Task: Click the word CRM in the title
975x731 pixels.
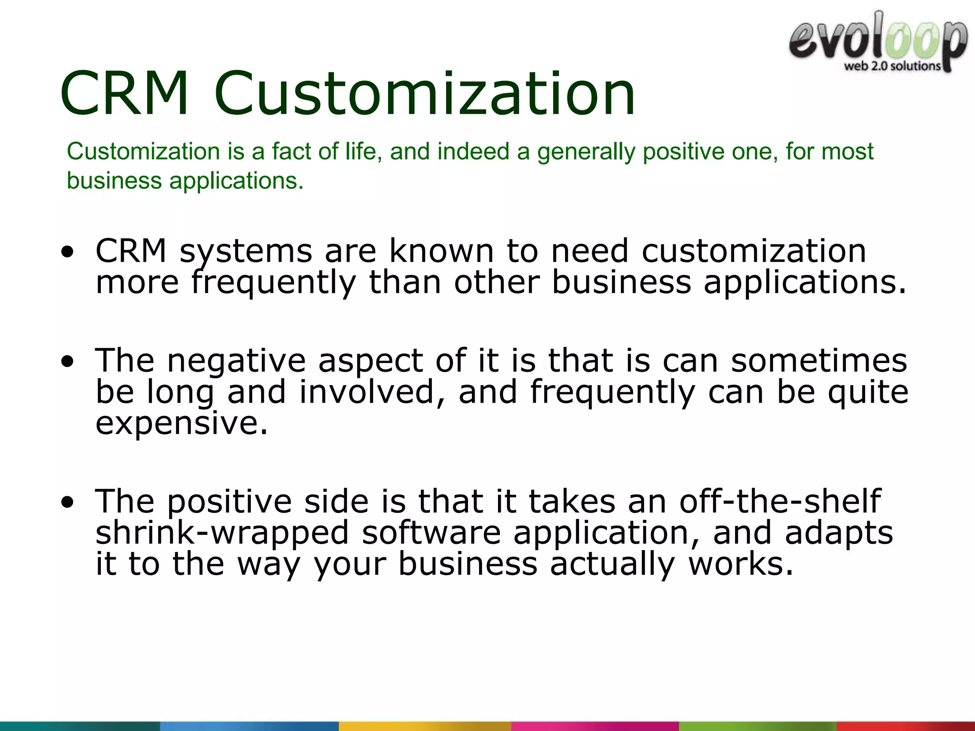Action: click(x=125, y=93)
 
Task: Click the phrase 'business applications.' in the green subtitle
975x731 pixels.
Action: click(x=185, y=181)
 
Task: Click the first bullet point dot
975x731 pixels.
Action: click(x=68, y=252)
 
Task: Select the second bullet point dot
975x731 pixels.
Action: click(x=68, y=362)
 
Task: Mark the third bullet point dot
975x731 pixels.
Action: click(x=68, y=503)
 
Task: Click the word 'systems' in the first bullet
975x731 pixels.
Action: click(x=246, y=251)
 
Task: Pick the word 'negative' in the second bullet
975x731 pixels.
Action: click(x=236, y=361)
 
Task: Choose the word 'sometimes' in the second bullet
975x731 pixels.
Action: click(x=819, y=361)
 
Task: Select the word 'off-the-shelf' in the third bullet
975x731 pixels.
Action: click(x=780, y=502)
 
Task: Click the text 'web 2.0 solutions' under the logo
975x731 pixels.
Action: click(x=892, y=66)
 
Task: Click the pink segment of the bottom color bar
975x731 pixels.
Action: click(x=595, y=726)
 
